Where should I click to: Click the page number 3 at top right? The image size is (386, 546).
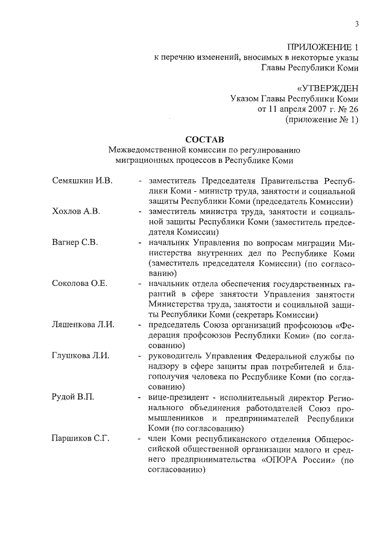pos(356,24)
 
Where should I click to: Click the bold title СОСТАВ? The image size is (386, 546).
pos(204,139)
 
